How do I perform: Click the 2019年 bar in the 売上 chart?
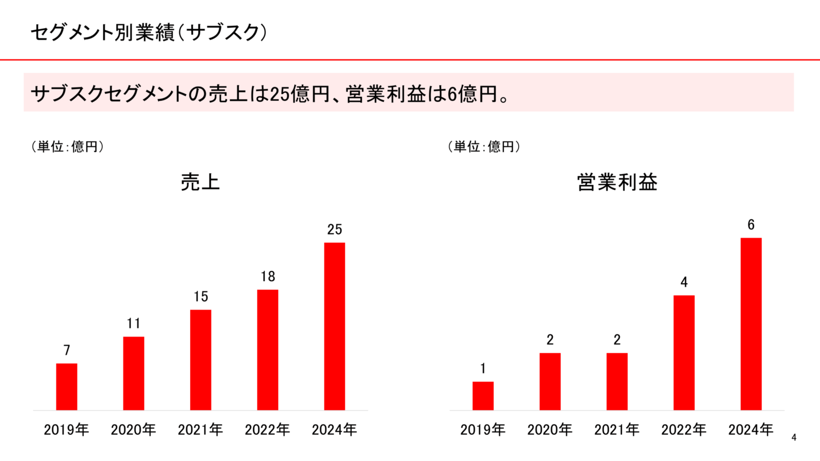tap(67, 387)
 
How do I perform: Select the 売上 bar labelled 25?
tap(335, 326)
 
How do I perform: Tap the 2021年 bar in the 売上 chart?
tap(200, 360)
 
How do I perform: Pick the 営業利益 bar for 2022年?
tap(684, 352)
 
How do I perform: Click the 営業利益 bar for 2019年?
tap(483, 395)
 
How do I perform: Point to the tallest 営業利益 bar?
tap(751, 324)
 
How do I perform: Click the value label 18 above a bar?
tap(268, 277)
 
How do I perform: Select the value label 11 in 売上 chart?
tap(134, 323)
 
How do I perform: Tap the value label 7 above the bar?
tap(67, 350)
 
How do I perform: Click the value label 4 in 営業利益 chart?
tap(684, 282)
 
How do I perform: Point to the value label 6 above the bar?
tap(751, 225)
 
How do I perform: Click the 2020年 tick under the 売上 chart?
tap(133, 429)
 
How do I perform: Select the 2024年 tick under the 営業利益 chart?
tap(751, 429)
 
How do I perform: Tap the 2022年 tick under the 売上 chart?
tap(268, 429)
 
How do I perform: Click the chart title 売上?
tap(200, 182)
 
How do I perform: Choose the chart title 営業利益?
tap(617, 182)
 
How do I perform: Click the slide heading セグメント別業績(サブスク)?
tap(149, 32)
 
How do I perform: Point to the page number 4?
tap(794, 437)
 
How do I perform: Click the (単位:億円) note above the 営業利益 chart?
tap(484, 146)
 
